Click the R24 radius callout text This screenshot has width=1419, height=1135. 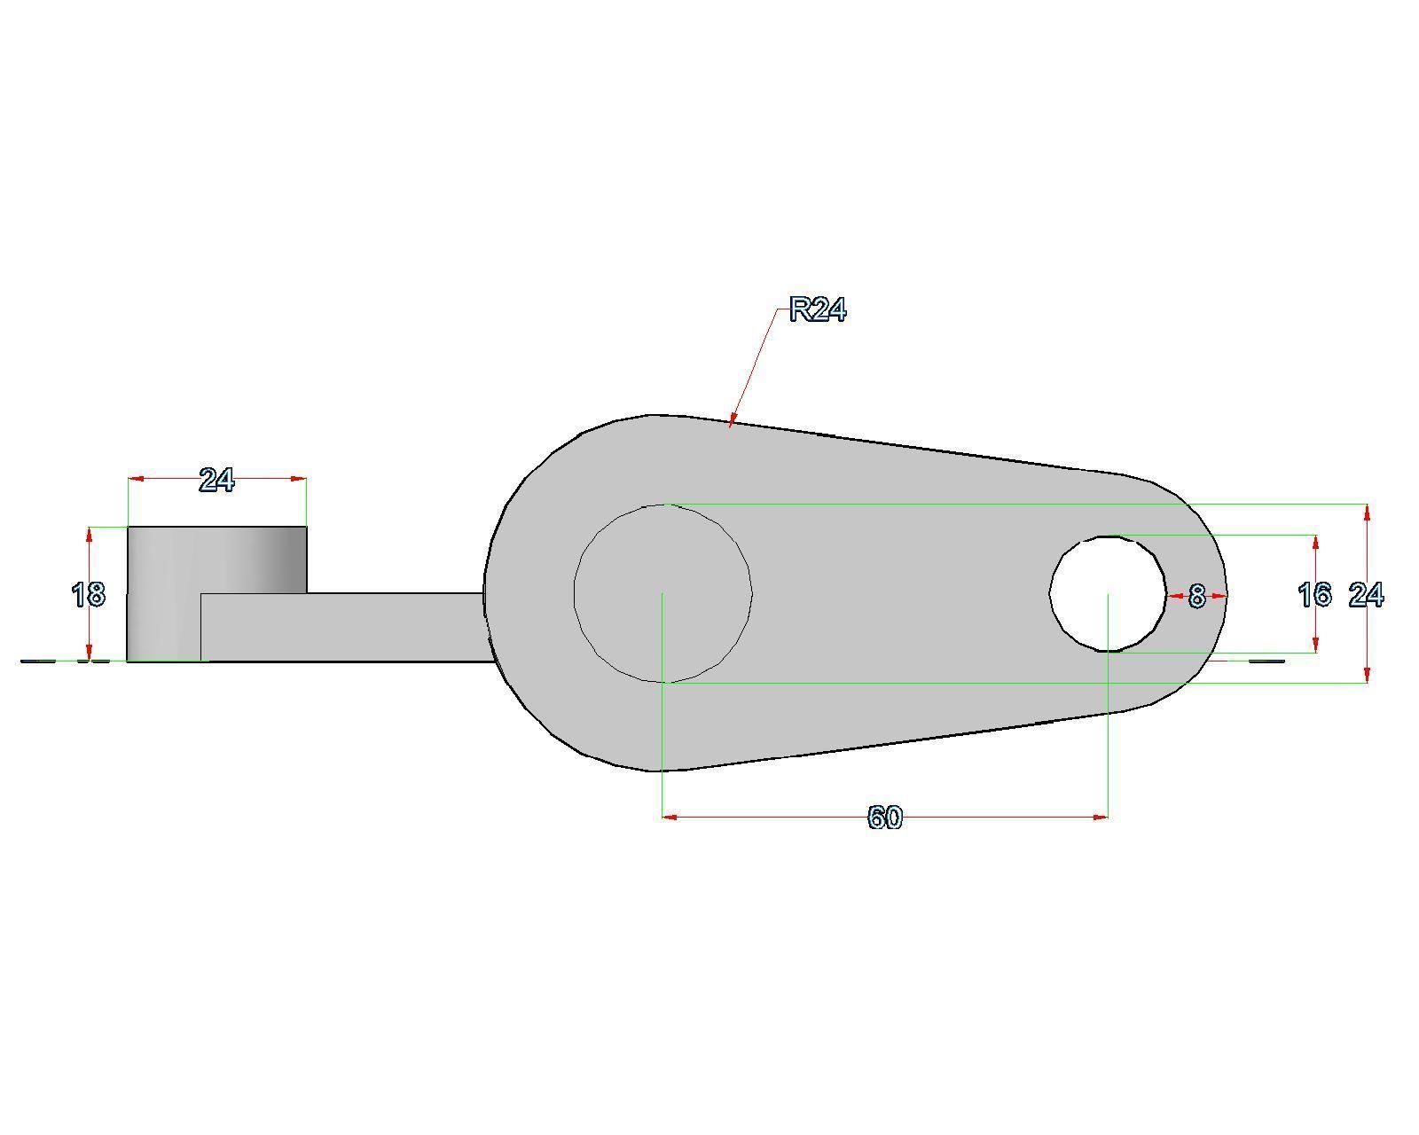pos(818,310)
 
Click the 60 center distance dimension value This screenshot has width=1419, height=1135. pos(884,818)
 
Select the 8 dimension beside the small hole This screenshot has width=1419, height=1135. pos(1196,597)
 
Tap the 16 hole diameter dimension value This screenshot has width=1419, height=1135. pos(1314,595)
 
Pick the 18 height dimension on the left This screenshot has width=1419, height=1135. pos(88,594)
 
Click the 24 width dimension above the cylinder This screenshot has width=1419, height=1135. pos(216,481)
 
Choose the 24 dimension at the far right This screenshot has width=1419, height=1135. pos(1366,595)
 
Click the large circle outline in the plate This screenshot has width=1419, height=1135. pos(753,594)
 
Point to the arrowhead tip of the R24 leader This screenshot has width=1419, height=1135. pos(730,426)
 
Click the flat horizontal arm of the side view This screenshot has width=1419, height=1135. pos(355,627)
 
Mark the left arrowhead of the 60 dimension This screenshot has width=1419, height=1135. pos(667,817)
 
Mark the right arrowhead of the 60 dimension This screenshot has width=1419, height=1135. pos(1103,817)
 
